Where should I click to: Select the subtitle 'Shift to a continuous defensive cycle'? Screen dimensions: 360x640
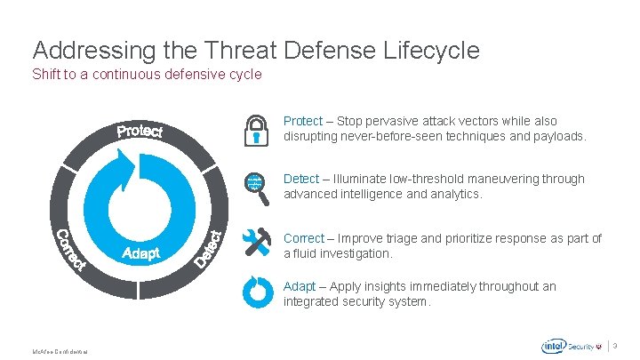pos(147,75)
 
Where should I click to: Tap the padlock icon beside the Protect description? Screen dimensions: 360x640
pos(256,130)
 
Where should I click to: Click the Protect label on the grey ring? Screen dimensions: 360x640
pos(140,132)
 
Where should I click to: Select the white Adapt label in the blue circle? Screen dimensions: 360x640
pos(140,254)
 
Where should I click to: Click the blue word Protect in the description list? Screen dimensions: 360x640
pos(302,121)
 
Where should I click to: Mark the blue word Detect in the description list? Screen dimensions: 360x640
pos(300,179)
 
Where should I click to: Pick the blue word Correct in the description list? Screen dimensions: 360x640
pos(303,238)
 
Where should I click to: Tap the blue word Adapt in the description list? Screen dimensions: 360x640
pos(299,286)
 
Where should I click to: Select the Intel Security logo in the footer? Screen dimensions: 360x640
pos(569,346)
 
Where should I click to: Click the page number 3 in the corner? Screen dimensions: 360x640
pos(627,346)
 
